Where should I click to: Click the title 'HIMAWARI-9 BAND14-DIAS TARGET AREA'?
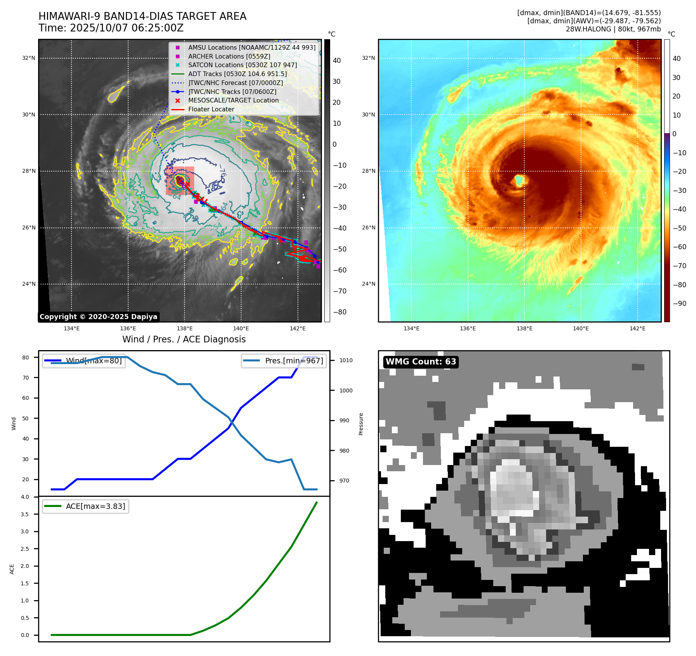pyautogui.click(x=142, y=16)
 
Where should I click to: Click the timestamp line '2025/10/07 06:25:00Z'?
pyautogui.click(x=127, y=28)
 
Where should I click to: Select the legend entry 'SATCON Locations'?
pyautogui.click(x=242, y=65)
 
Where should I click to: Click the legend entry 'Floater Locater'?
pyautogui.click(x=211, y=109)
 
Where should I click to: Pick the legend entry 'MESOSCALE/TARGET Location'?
pyautogui.click(x=233, y=100)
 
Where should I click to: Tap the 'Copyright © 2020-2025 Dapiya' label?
pyautogui.click(x=98, y=317)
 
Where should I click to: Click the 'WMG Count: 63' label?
pyautogui.click(x=421, y=362)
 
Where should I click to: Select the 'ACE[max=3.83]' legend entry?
pyautogui.click(x=95, y=506)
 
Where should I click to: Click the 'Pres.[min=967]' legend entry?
pyautogui.click(x=294, y=361)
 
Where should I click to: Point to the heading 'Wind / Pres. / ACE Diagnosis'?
pyautogui.click(x=184, y=339)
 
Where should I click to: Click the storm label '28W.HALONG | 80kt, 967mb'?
pyautogui.click(x=613, y=29)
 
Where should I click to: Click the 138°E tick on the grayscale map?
pyautogui.click(x=184, y=328)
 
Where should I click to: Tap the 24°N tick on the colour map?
pyautogui.click(x=369, y=284)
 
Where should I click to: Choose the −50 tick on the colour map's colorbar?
pyautogui.click(x=679, y=228)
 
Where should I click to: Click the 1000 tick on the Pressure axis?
pyautogui.click(x=346, y=390)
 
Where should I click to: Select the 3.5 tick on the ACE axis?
pyautogui.click(x=25, y=514)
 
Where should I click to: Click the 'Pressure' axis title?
pyautogui.click(x=361, y=423)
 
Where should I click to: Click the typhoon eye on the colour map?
pyautogui.click(x=519, y=180)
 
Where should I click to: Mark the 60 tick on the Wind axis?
pyautogui.click(x=26, y=398)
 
